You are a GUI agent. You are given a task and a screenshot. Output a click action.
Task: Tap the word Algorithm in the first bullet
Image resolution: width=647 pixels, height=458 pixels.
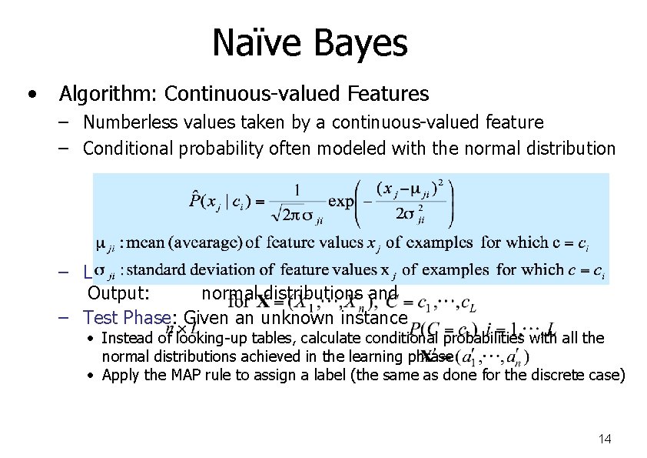click(x=107, y=95)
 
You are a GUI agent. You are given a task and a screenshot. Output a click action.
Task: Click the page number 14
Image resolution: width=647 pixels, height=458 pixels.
click(x=604, y=439)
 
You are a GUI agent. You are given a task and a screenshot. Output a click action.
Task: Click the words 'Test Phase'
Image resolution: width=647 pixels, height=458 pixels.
click(x=131, y=317)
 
